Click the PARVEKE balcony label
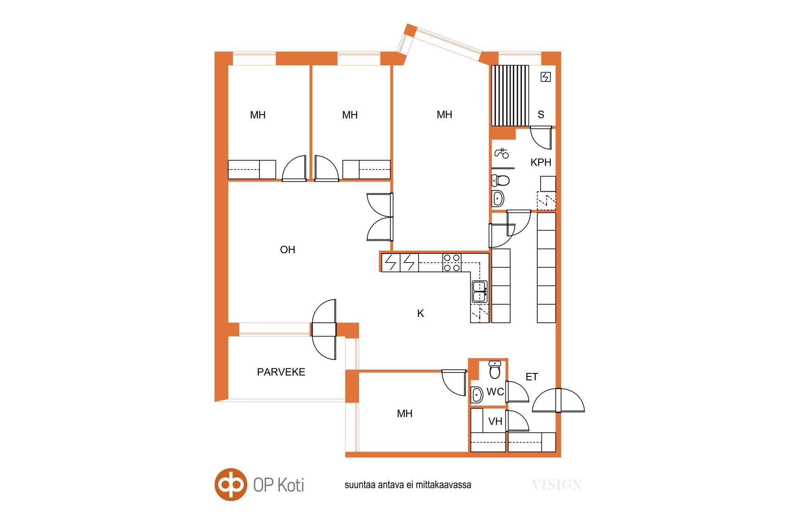click(281, 372)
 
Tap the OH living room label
click(287, 249)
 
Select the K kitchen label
click(421, 313)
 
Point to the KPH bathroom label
click(541, 162)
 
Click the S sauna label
click(541, 115)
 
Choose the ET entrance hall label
click(532, 377)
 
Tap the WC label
click(495, 392)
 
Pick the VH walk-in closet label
click(495, 421)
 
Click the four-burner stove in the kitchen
click(452, 262)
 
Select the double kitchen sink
click(479, 291)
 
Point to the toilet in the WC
click(495, 370)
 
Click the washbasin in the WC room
click(477, 395)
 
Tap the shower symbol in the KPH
click(502, 153)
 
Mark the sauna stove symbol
click(546, 77)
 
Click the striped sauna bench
click(510, 95)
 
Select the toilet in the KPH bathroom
click(500, 180)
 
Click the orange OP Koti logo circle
click(231, 484)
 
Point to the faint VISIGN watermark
click(557, 485)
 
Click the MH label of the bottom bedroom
click(405, 413)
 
